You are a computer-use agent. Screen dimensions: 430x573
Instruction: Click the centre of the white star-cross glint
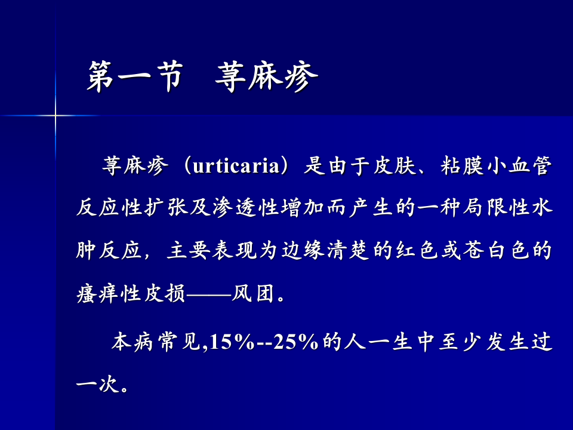tap(56, 114)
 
